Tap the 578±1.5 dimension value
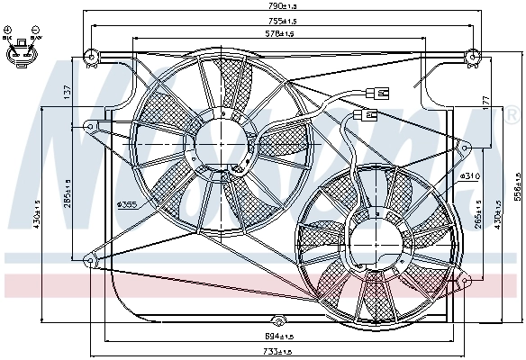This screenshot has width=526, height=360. tap(282, 34)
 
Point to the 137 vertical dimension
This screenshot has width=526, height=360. tap(66, 93)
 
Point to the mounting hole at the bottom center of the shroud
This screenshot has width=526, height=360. tap(279, 320)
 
